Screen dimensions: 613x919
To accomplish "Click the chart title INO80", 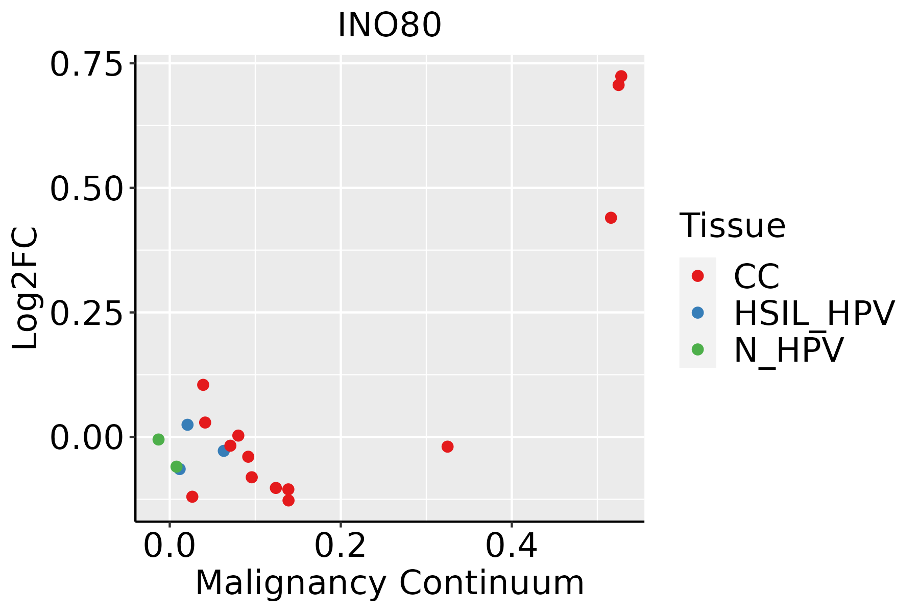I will [389, 26].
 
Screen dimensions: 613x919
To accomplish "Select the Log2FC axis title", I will [26, 289].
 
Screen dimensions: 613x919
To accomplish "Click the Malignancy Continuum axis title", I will [389, 583].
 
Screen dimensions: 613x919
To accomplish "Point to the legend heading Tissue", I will [732, 225].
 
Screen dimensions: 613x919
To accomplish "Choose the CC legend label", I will [756, 276].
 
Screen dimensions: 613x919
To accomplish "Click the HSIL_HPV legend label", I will [814, 313].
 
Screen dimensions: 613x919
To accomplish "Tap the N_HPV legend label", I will [788, 350].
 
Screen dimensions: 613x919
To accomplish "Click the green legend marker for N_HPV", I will [697, 349].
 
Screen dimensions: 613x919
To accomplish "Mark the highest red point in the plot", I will [621, 77].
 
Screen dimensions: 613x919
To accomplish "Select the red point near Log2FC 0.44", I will [611, 218].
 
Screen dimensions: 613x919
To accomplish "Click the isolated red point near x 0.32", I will [447, 446].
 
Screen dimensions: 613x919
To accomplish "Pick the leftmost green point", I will [158, 439].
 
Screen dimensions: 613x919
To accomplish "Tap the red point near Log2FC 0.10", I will [203, 385].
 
